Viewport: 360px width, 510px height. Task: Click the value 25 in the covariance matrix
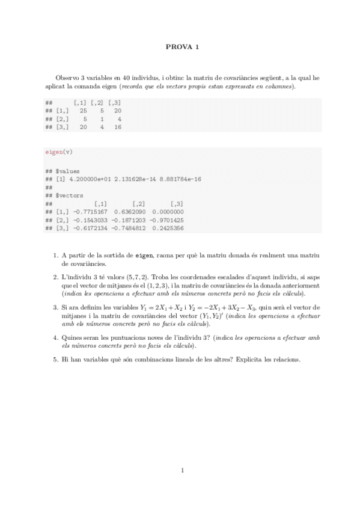click(x=83, y=111)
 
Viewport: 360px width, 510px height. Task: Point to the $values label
click(x=67, y=171)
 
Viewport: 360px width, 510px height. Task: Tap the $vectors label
click(x=69, y=195)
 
